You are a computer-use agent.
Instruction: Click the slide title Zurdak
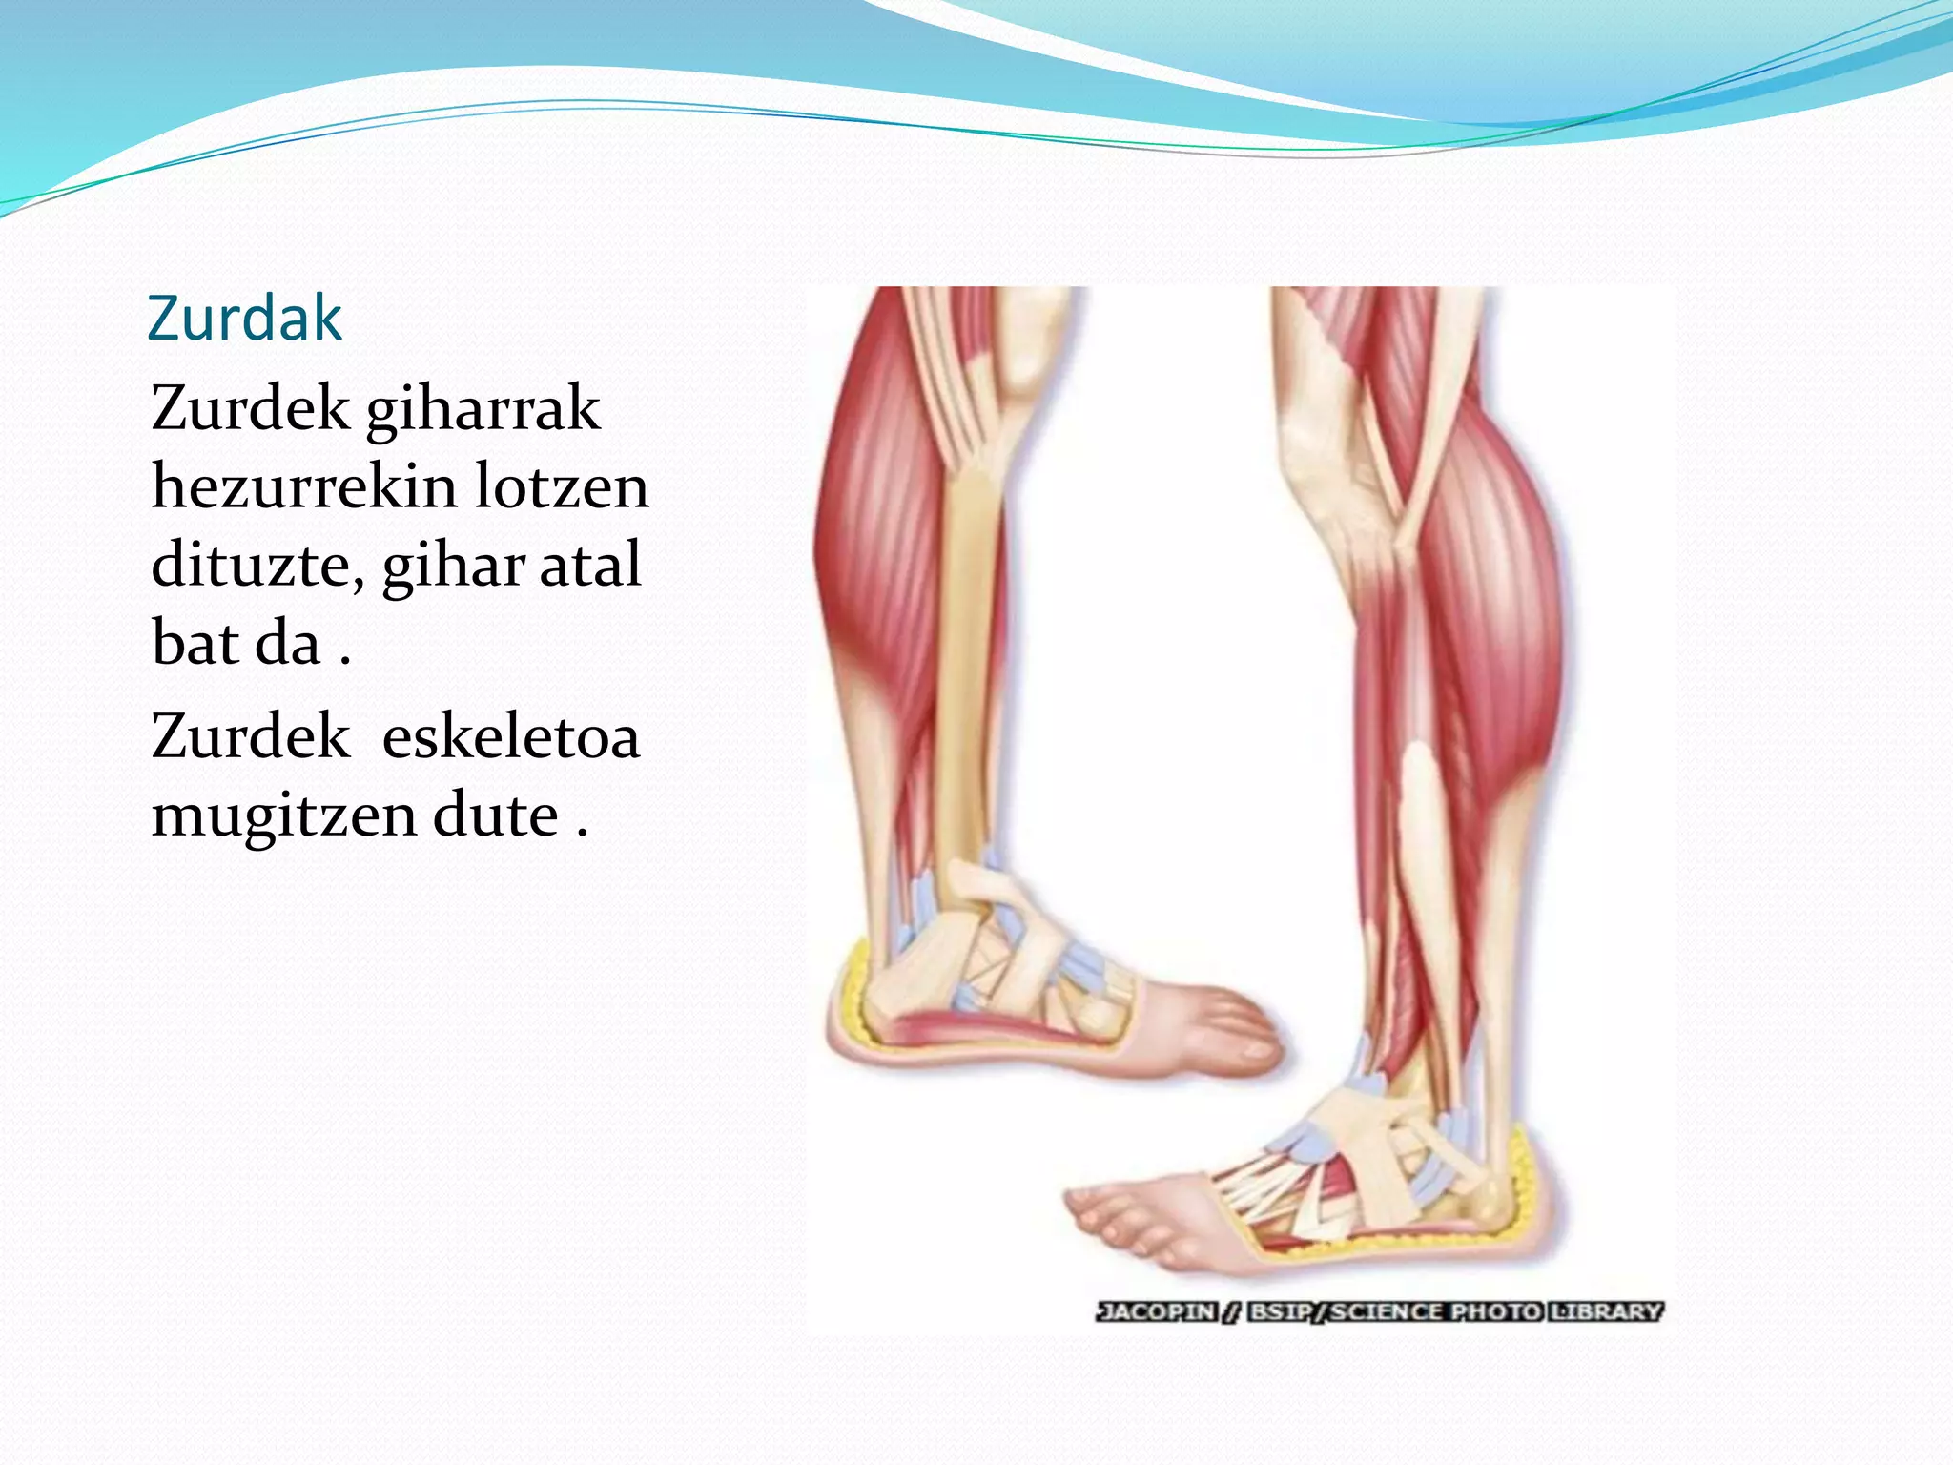coord(245,319)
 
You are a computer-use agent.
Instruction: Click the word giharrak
coord(483,410)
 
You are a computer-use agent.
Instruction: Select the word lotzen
coord(562,486)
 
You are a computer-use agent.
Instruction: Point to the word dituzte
coord(257,566)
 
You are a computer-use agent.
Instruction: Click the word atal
coord(590,565)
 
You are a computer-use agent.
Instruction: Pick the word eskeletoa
coord(511,737)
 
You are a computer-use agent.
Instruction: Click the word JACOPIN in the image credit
coord(1157,1311)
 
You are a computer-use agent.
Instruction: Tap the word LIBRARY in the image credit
coord(1606,1311)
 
